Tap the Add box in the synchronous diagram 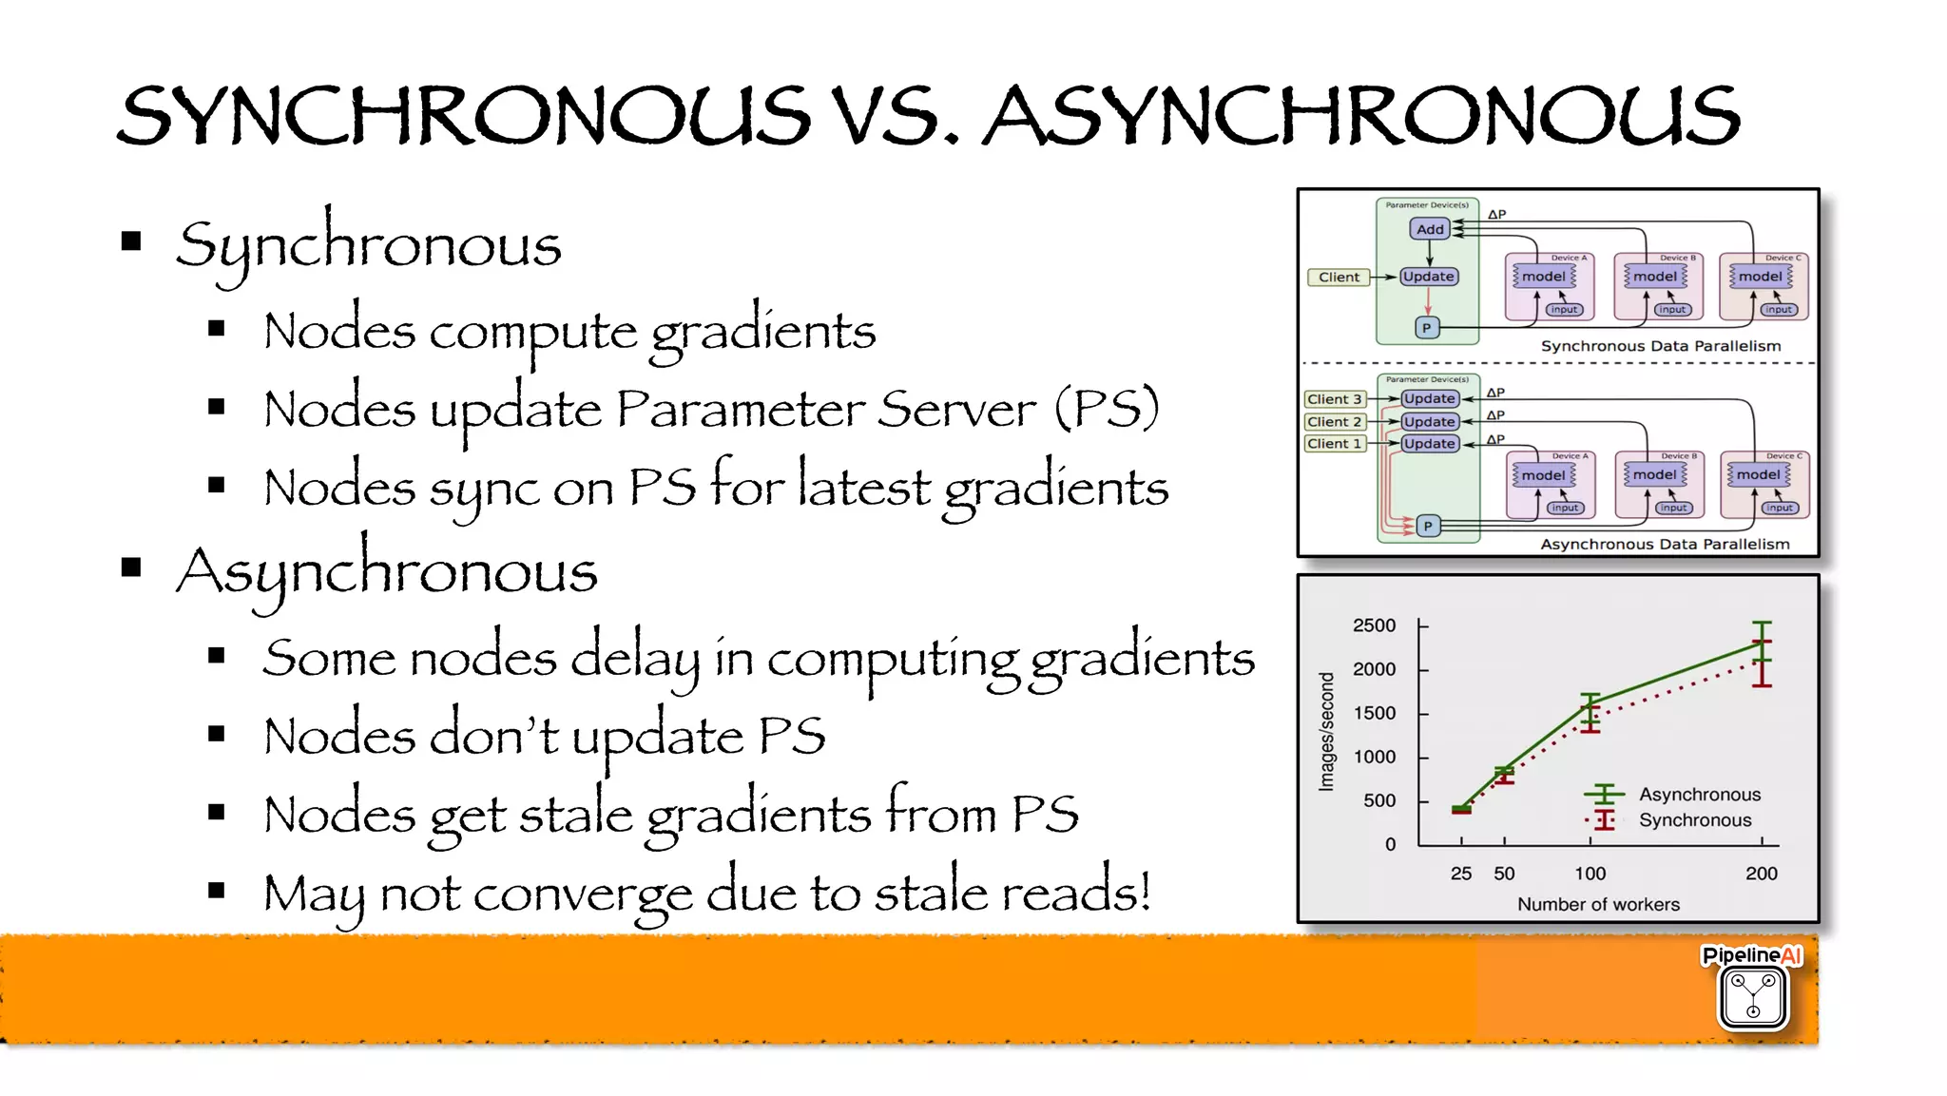point(1429,229)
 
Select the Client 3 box point(1334,399)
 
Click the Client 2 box point(1334,421)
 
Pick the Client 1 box point(1334,444)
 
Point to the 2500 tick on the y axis point(1374,625)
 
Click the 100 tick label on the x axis point(1590,874)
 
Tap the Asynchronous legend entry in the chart point(1699,795)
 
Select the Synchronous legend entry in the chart point(1694,820)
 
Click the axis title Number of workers point(1598,904)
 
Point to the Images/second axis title point(1326,732)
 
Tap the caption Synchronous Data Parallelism point(1660,346)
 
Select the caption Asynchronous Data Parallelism point(1664,544)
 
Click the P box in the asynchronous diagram point(1427,526)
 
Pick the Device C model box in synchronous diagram point(1760,277)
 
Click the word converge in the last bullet point(583,894)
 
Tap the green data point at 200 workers point(1762,644)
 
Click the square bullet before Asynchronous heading point(131,568)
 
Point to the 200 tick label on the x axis point(1761,874)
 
